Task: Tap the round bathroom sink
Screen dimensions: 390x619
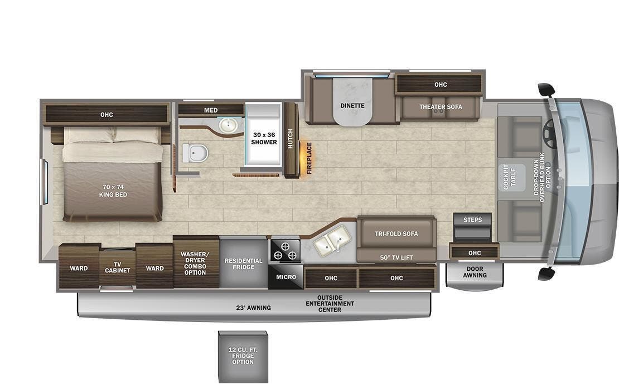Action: [x=228, y=125]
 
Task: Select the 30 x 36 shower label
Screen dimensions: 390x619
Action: [x=264, y=138]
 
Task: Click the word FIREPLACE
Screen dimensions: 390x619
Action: [x=309, y=158]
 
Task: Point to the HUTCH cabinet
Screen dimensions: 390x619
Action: [x=291, y=139]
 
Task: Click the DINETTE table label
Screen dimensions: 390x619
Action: [x=352, y=105]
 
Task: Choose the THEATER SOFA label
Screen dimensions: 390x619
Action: [x=441, y=106]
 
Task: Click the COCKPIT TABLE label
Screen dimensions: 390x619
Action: [x=510, y=177]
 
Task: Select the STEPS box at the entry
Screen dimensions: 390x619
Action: [x=472, y=220]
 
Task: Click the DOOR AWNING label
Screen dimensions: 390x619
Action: [x=475, y=271]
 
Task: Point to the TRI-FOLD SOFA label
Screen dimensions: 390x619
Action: [x=396, y=233]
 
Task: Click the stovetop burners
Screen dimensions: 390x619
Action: [x=286, y=251]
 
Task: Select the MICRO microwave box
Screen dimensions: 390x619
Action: [x=286, y=277]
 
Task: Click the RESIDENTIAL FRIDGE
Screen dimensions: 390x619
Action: [x=243, y=264]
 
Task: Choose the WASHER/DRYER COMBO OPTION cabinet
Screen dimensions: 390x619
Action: [x=195, y=263]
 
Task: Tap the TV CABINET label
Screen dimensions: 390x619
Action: [x=118, y=267]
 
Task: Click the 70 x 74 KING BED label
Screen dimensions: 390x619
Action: [x=113, y=191]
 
